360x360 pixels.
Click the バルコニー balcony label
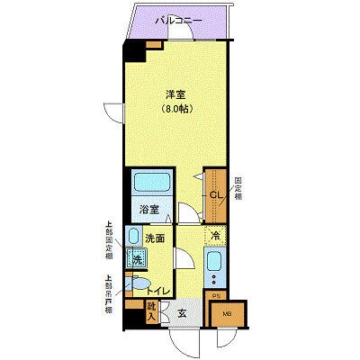coord(178,20)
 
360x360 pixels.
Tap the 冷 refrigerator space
coord(216,236)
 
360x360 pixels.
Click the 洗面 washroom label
coord(155,238)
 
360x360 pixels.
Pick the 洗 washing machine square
coord(138,259)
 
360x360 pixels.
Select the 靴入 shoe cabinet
coord(152,312)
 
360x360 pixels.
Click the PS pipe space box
coord(215,295)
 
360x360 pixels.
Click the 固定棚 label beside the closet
coord(238,191)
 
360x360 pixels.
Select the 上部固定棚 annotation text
coord(109,240)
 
